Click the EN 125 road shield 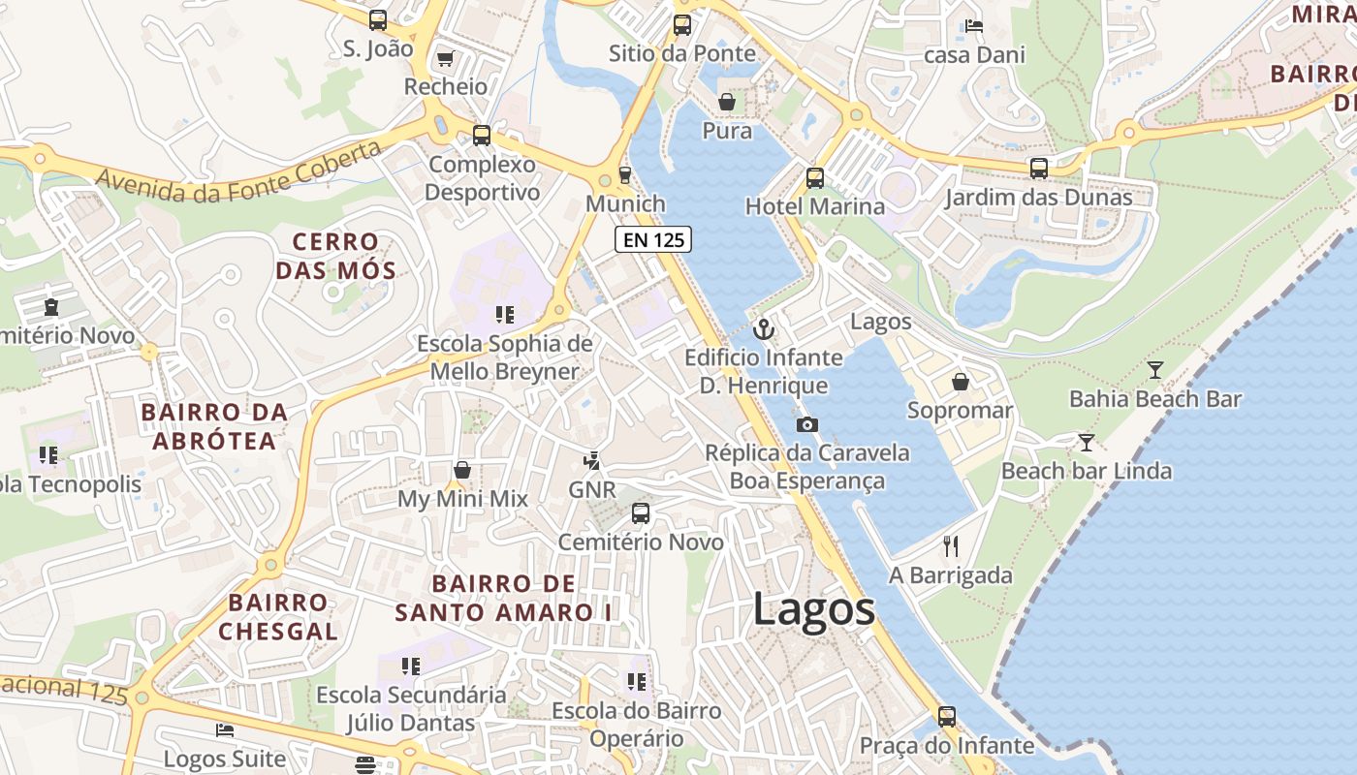(652, 239)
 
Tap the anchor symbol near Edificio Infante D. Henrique (764, 329)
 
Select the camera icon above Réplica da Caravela (806, 424)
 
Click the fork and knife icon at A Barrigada (950, 546)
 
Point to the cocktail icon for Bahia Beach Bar (1154, 369)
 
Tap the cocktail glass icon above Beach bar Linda (1086, 443)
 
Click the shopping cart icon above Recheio (445, 59)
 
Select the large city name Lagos (814, 609)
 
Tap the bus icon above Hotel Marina (814, 178)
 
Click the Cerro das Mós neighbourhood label (336, 256)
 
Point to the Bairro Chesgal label (278, 617)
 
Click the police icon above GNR (591, 461)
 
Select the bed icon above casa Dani (974, 26)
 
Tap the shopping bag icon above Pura (726, 102)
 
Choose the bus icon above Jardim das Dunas (1038, 169)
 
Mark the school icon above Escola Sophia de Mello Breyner (504, 315)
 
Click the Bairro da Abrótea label (214, 426)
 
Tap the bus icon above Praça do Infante (946, 717)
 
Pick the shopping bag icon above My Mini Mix (462, 471)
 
